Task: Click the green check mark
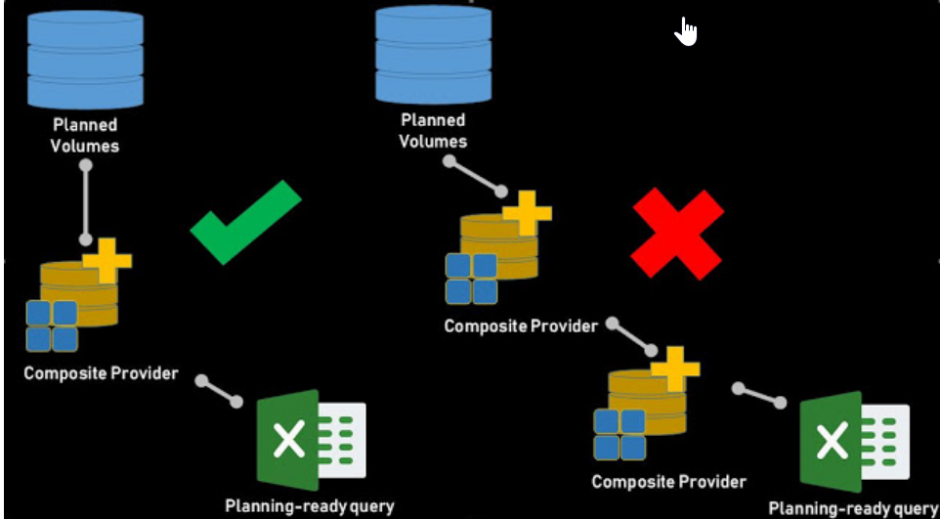pyautogui.click(x=244, y=223)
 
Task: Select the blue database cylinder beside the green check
pyautogui.click(x=85, y=59)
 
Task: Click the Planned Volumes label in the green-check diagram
pyautogui.click(x=85, y=135)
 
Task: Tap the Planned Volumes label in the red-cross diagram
pyautogui.click(x=434, y=130)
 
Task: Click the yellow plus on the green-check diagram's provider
pyautogui.click(x=107, y=259)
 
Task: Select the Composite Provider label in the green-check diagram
pyautogui.click(x=101, y=372)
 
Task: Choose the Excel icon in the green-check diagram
pyautogui.click(x=310, y=440)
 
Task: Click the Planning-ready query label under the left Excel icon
pyautogui.click(x=309, y=505)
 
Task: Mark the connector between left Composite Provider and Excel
pyautogui.click(x=219, y=390)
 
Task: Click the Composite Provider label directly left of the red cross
pyautogui.click(x=520, y=325)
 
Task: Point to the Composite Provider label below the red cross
pyautogui.click(x=668, y=481)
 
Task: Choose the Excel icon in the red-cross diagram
pyautogui.click(x=852, y=442)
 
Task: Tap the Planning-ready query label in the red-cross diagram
pyautogui.click(x=852, y=508)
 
